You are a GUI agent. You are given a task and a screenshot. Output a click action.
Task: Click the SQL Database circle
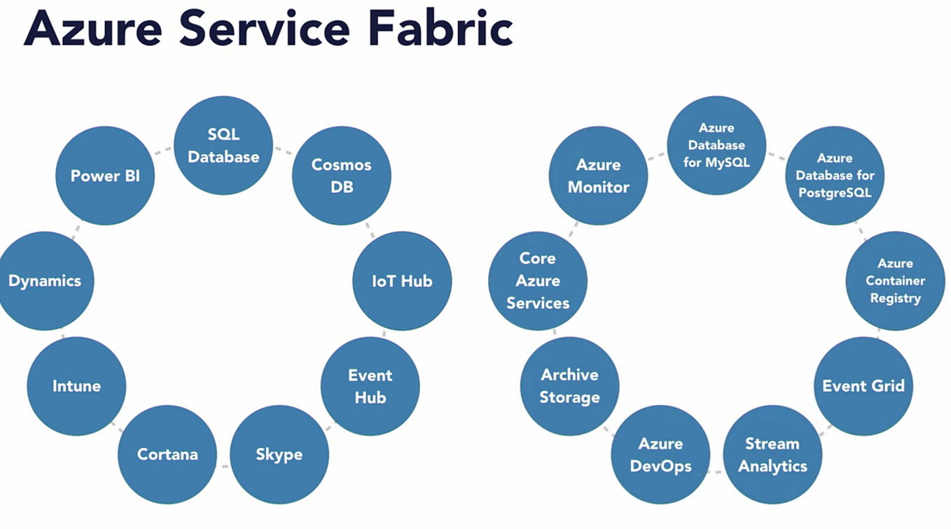coord(223,146)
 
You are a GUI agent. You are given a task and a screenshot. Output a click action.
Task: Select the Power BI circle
coord(105,176)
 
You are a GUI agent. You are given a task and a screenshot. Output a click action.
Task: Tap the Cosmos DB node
coord(342,176)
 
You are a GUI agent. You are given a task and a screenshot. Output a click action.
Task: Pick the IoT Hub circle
coord(402,281)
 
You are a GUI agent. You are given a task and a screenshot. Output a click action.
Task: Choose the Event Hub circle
coord(370,386)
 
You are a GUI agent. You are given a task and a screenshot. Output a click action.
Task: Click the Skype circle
coord(279,454)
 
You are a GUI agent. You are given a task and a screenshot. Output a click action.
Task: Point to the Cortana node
coord(167,454)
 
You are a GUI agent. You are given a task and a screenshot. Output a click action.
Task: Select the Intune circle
coord(76,386)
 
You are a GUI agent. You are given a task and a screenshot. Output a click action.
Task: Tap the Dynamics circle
coord(45,281)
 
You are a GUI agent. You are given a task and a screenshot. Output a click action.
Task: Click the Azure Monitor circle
coord(598,176)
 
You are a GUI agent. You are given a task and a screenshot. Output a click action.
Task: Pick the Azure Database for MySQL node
coord(716,146)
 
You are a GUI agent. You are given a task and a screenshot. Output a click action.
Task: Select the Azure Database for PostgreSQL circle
coord(835,176)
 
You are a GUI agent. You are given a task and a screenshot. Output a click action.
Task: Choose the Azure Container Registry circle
coord(895,281)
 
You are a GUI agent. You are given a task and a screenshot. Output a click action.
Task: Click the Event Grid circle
coord(863,386)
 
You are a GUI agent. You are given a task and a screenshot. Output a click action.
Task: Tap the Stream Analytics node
coord(772,454)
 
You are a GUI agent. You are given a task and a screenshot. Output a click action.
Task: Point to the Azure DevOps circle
coord(660,454)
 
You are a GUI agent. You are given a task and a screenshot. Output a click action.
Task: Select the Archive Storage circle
coord(569,386)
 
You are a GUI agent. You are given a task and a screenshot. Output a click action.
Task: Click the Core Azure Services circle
coord(538,281)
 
